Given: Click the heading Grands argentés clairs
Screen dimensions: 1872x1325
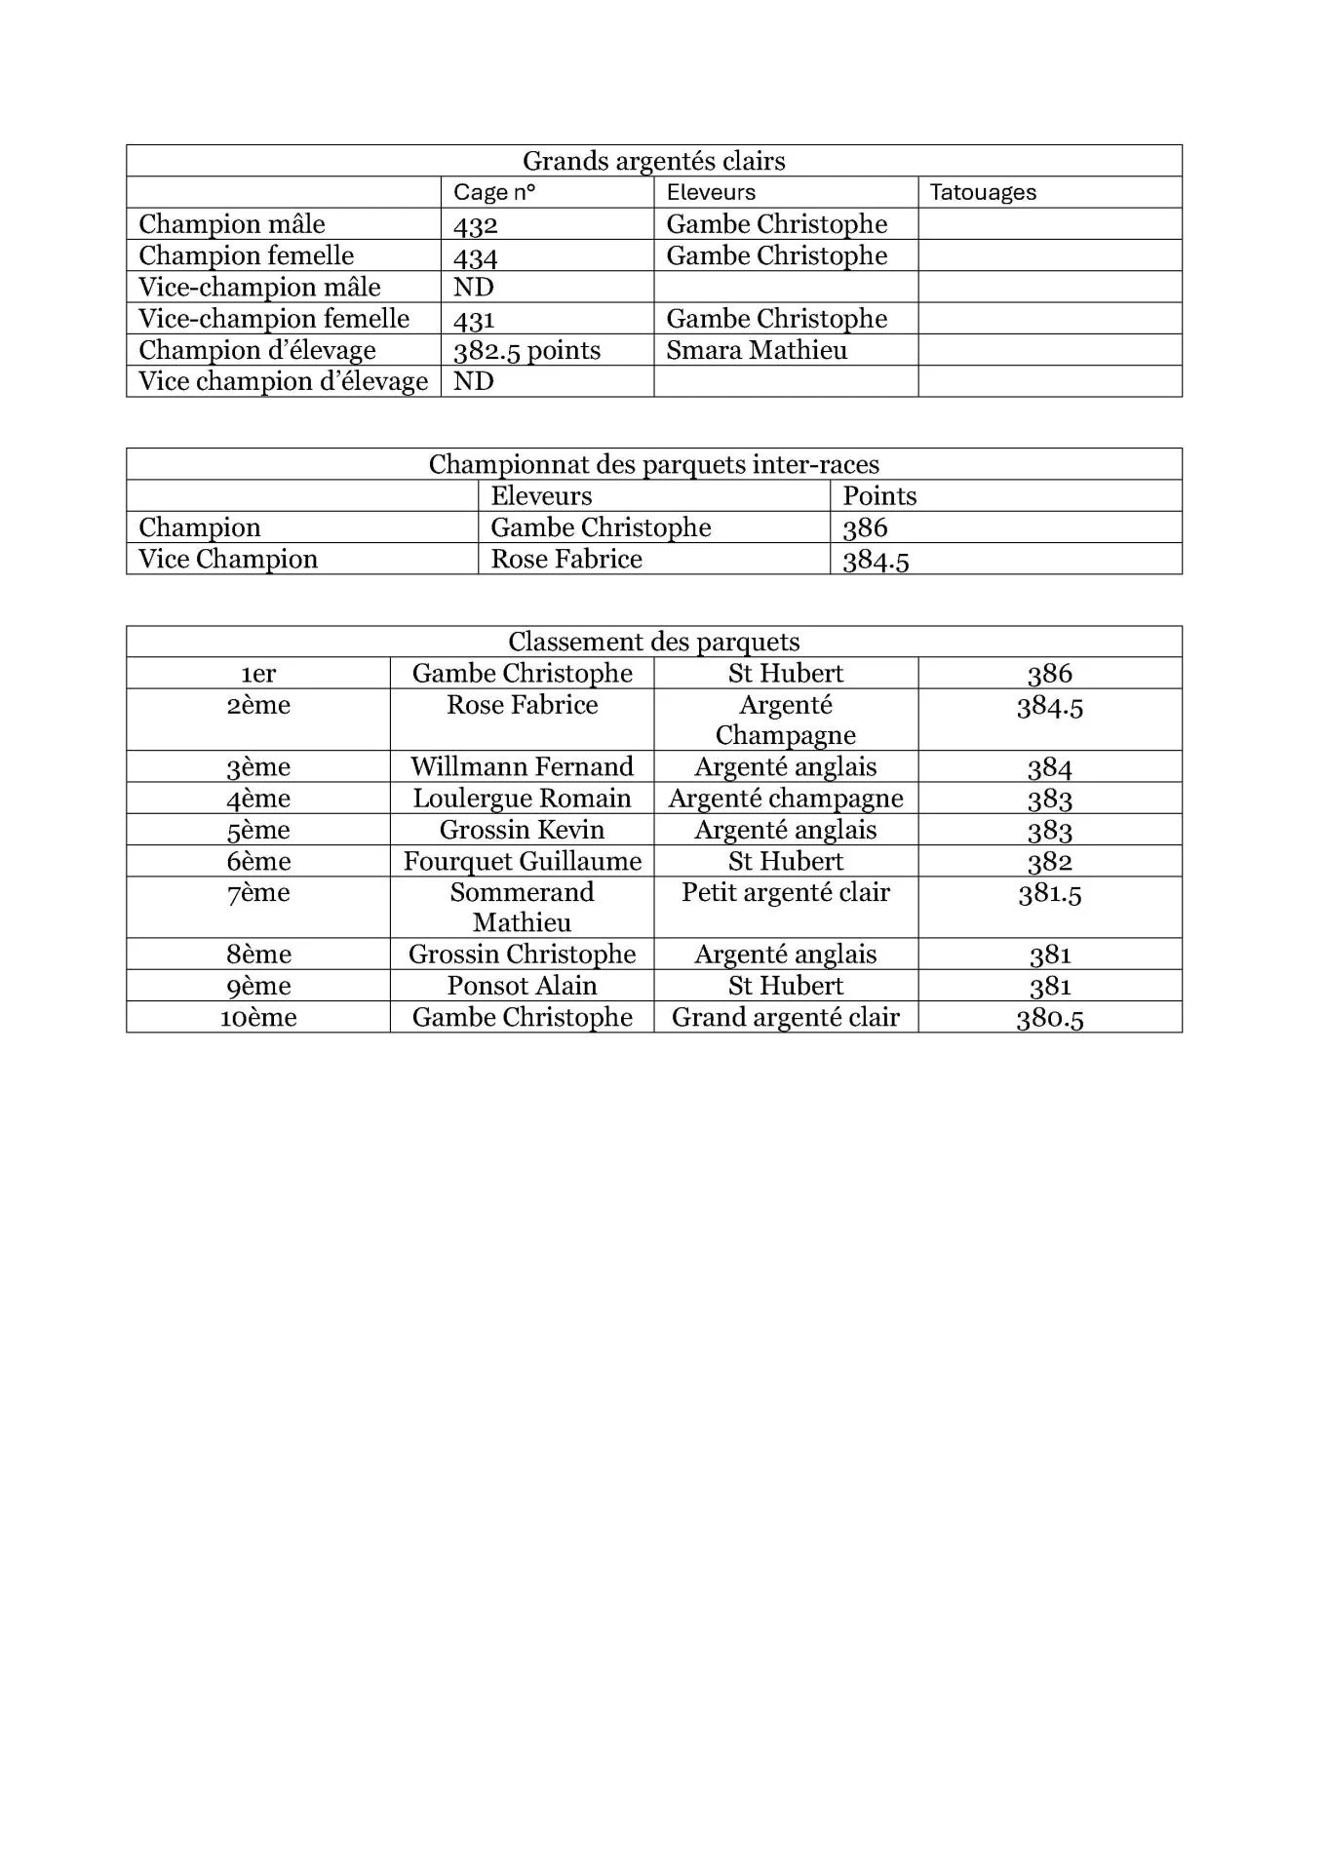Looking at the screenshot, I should pos(653,161).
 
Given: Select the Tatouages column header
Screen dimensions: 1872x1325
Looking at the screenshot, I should pos(983,192).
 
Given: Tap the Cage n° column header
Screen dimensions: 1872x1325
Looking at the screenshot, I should pos(494,192).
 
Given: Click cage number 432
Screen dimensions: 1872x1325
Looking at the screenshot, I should pos(476,225).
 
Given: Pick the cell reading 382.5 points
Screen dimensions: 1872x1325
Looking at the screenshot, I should pos(526,351).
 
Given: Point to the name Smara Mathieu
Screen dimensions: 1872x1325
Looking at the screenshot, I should pos(757,350).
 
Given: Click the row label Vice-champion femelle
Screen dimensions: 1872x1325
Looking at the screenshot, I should pos(274,319).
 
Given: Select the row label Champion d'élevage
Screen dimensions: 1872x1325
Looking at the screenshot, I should pos(257,350).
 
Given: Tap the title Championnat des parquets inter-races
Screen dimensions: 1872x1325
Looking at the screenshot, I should pos(653,464).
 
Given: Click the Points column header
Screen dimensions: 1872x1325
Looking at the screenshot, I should pos(879,496).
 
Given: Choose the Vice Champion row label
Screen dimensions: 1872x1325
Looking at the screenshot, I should pos(228,559).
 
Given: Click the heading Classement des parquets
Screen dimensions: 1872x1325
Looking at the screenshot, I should pos(653,642).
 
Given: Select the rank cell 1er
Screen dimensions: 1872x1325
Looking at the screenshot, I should pos(258,674).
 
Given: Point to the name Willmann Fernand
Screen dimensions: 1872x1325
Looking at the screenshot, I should pos(522,766).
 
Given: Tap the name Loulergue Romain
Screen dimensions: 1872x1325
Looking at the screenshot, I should pos(522,799).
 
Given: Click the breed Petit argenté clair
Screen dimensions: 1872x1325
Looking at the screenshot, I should pos(785,892).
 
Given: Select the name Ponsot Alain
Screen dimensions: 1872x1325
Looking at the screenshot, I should pos(522,986).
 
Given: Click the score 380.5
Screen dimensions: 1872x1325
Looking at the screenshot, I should pos(1049,1018).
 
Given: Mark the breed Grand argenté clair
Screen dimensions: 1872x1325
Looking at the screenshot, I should pos(785,1017).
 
